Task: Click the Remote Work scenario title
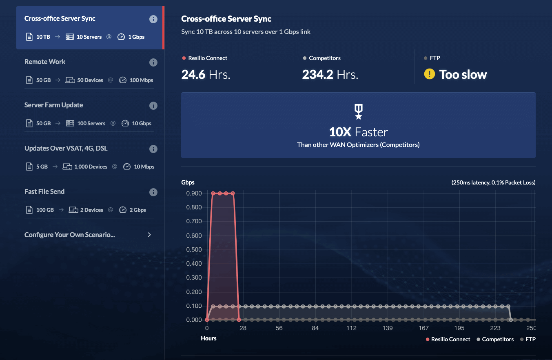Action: pyautogui.click(x=45, y=62)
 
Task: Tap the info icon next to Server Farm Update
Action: pyautogui.click(x=153, y=106)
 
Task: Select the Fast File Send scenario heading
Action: pyautogui.click(x=44, y=191)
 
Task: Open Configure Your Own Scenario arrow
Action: pyautogui.click(x=149, y=235)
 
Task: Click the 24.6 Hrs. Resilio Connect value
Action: pyautogui.click(x=206, y=74)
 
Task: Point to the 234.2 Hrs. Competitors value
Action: pyautogui.click(x=330, y=74)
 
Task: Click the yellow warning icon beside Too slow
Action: pyautogui.click(x=429, y=74)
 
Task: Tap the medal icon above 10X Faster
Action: pyautogui.click(x=358, y=111)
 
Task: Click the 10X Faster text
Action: pyautogui.click(x=358, y=132)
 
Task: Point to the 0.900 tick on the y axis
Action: pyautogui.click(x=194, y=193)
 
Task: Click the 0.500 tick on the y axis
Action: pyautogui.click(x=194, y=249)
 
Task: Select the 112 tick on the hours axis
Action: pyautogui.click(x=351, y=329)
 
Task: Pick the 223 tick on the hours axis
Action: pyautogui.click(x=495, y=329)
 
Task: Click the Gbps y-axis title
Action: pyautogui.click(x=188, y=182)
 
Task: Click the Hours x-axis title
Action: pyautogui.click(x=208, y=338)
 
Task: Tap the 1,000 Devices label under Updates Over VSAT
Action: pyautogui.click(x=91, y=167)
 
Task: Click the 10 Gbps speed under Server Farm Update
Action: pyautogui.click(x=141, y=123)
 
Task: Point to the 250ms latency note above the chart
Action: pyautogui.click(x=493, y=182)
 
